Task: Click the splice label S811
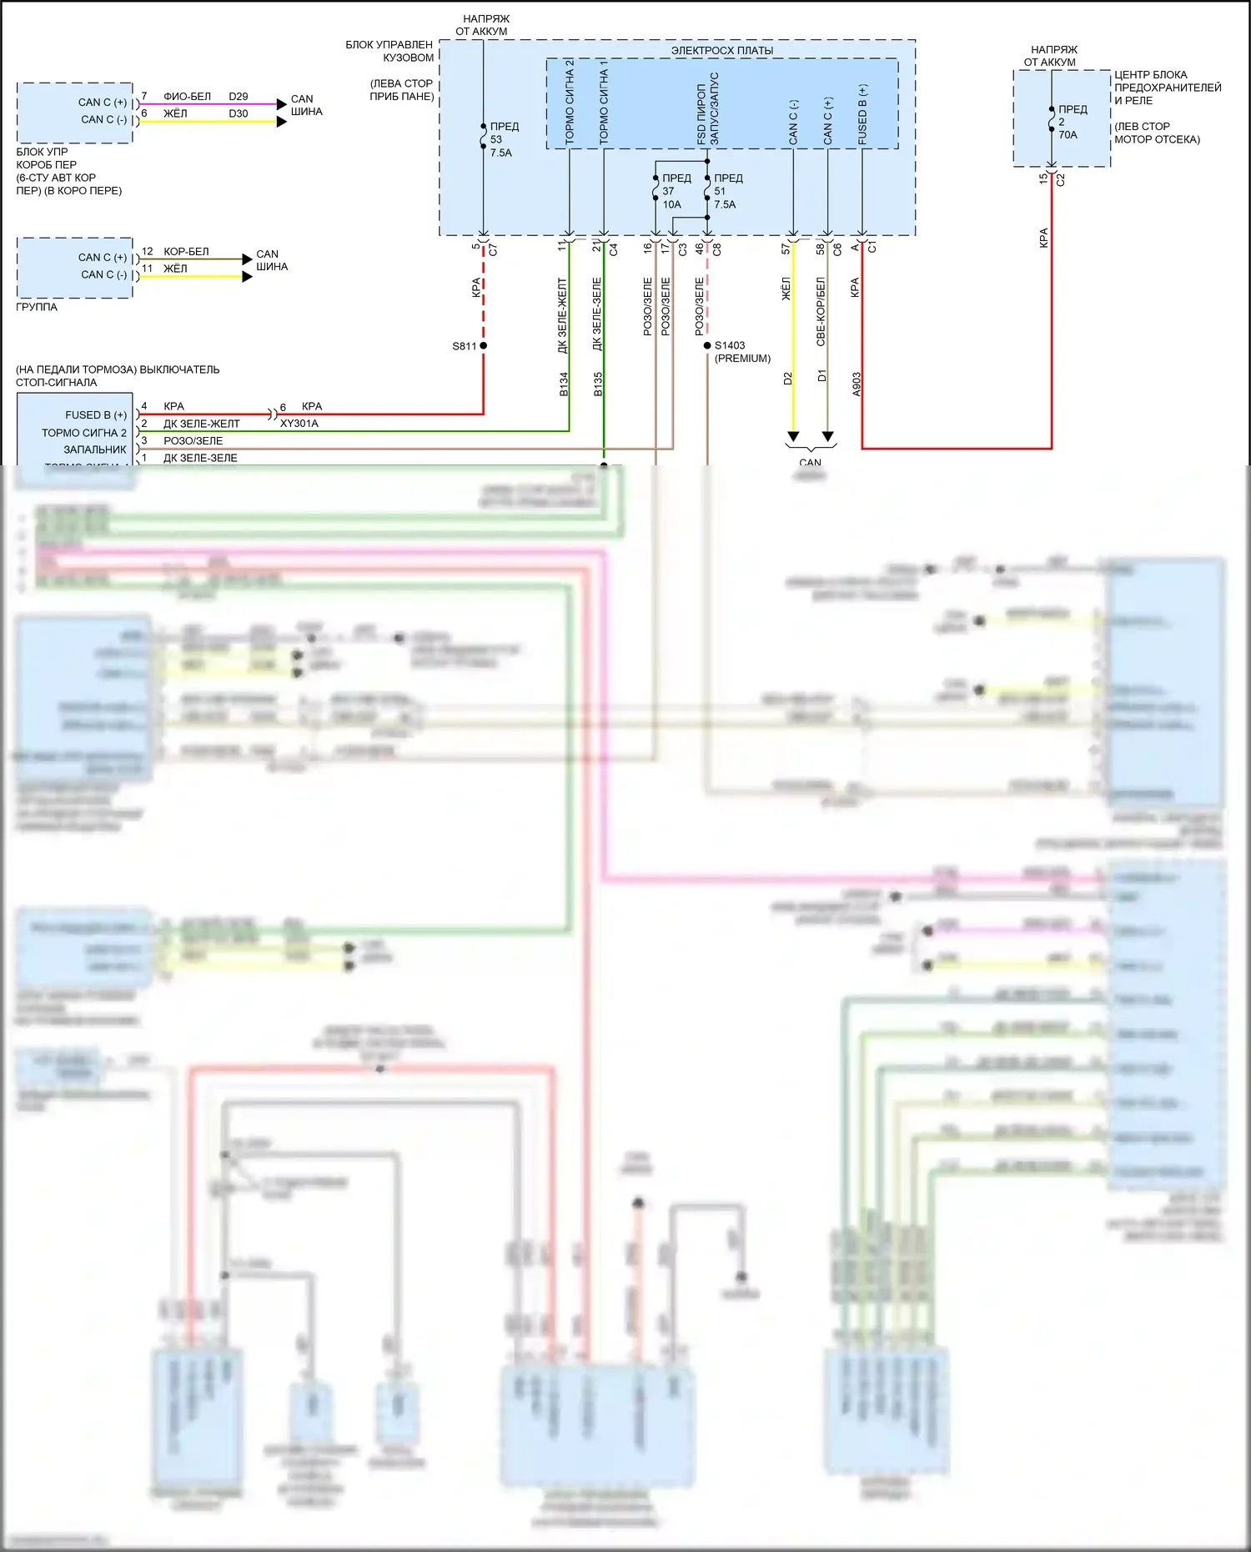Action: click(x=465, y=346)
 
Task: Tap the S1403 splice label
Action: click(x=730, y=345)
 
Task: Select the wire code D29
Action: click(x=239, y=97)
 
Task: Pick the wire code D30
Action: click(x=239, y=113)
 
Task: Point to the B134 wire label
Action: click(x=564, y=384)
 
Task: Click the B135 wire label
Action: click(x=598, y=384)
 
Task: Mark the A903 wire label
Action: click(x=857, y=384)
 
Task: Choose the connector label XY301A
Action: click(x=299, y=424)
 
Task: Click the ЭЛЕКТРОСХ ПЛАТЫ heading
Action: click(x=722, y=51)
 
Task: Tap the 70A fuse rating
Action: click(x=1068, y=135)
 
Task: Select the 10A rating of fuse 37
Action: click(x=672, y=204)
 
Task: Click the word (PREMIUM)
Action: click(x=742, y=359)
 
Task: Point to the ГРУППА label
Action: click(x=37, y=307)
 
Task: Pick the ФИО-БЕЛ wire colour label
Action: click(x=187, y=97)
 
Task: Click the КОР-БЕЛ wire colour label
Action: click(x=186, y=252)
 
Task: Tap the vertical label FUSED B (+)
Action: click(x=862, y=114)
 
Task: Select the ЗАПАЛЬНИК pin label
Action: click(x=95, y=450)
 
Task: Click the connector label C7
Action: click(x=493, y=249)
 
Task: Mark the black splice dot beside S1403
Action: click(x=707, y=345)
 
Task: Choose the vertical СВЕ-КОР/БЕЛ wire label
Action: click(x=821, y=311)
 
